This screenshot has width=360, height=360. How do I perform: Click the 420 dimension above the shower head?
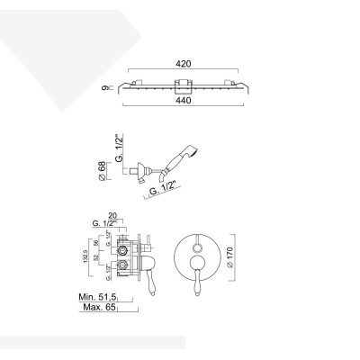(184, 66)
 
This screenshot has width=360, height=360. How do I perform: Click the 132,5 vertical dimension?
(83, 261)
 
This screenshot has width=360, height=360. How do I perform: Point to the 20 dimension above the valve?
(122, 214)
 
